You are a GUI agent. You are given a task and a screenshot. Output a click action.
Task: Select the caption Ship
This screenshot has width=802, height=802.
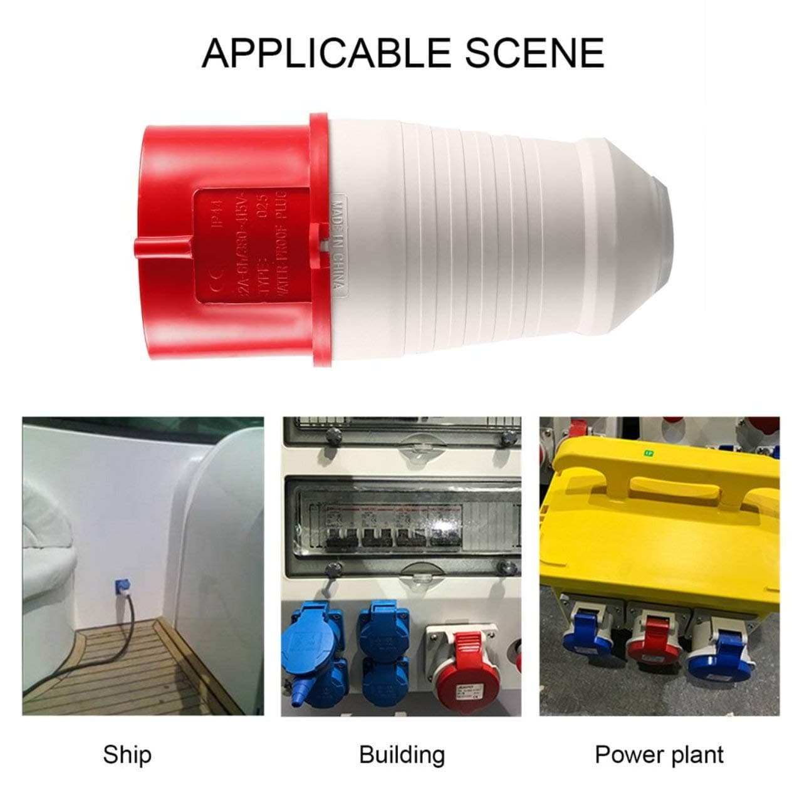(x=127, y=754)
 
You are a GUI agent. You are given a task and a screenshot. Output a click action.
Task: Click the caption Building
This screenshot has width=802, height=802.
(x=402, y=754)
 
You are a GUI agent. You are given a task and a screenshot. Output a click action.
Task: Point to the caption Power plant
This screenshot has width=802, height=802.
(x=659, y=754)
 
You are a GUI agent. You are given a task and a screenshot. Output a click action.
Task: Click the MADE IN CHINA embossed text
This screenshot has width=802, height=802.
(x=338, y=244)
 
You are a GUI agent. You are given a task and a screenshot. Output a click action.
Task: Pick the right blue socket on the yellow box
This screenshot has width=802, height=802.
(x=721, y=652)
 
